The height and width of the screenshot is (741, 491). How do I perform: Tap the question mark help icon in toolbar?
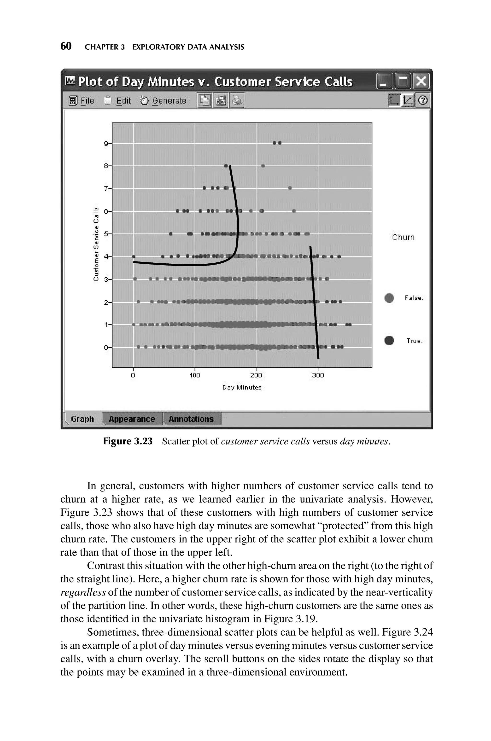pos(423,101)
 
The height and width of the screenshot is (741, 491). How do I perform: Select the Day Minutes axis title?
pos(242,388)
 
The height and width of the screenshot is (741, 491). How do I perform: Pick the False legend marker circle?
pos(389,298)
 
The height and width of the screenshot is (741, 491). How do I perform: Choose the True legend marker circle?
pos(389,341)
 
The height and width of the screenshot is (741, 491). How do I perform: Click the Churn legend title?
pos(403,237)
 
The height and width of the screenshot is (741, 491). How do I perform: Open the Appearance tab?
pos(132,419)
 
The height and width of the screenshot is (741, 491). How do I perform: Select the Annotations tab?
pos(191,419)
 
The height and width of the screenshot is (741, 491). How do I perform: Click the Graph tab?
pos(82,419)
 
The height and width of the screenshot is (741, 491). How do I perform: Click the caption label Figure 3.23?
pos(128,441)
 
